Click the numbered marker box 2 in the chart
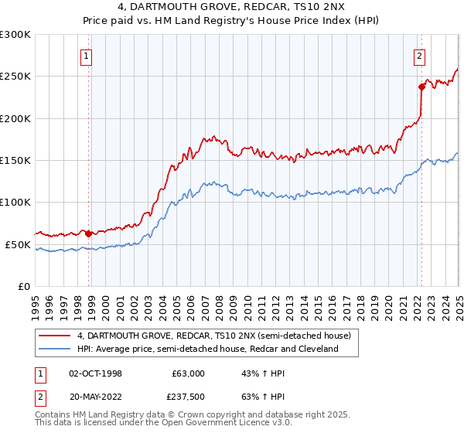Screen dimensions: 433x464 click(419, 56)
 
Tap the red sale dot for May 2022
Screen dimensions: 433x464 click(422, 87)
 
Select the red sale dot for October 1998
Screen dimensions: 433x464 click(88, 233)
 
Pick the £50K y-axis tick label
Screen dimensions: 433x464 click(19, 244)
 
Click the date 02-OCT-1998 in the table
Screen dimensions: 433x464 click(96, 373)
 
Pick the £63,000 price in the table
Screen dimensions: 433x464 click(186, 373)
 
